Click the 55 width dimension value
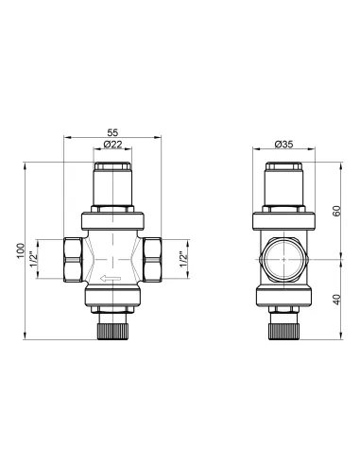point(112,133)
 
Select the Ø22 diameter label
point(113,145)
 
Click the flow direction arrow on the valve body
point(105,278)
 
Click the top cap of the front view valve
point(112,179)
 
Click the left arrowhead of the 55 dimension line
point(66,139)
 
